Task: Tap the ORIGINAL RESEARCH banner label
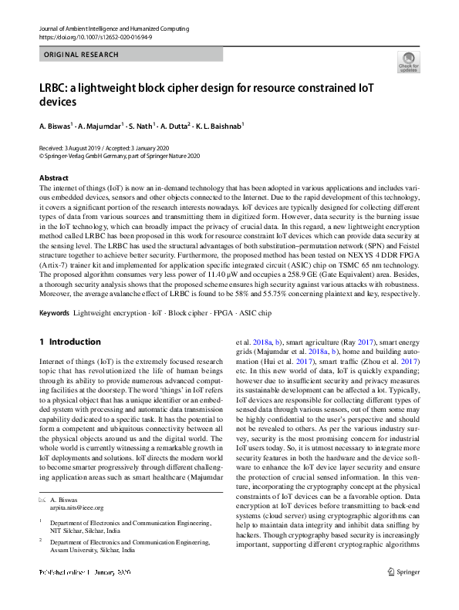tap(82, 55)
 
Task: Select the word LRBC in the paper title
tap(55, 88)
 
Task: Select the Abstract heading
tap(54, 177)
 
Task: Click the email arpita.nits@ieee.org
tap(82, 508)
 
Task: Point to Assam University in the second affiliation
tap(79, 551)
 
